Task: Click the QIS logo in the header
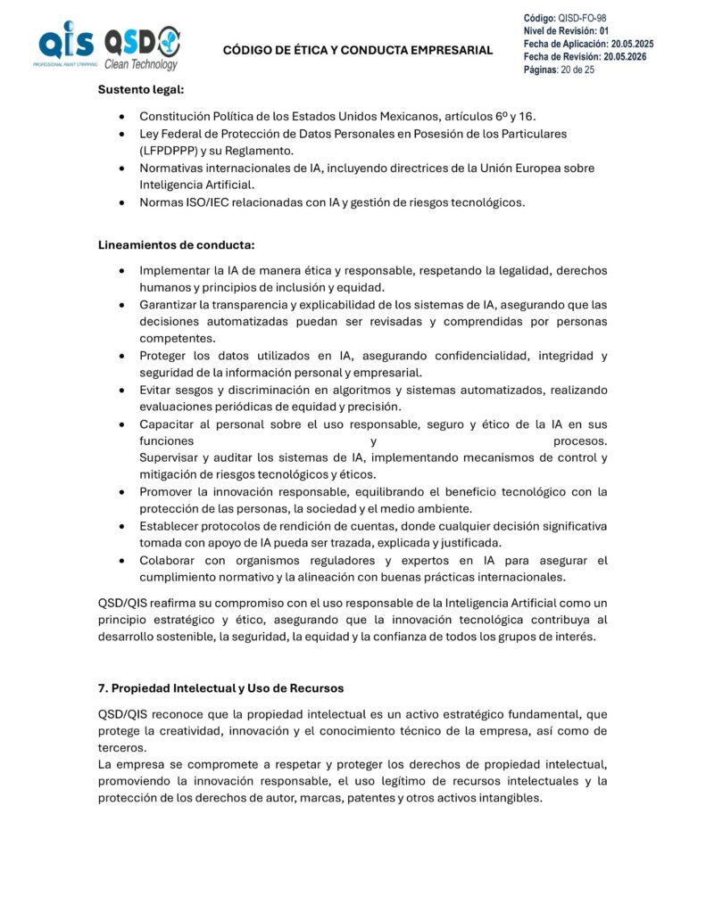click(64, 45)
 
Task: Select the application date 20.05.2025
click(629, 44)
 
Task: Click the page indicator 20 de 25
click(577, 70)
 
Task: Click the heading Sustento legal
click(141, 89)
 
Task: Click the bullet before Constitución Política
click(120, 117)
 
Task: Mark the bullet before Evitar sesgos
click(120, 391)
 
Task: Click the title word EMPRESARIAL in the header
click(451, 51)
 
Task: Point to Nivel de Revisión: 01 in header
click(566, 31)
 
